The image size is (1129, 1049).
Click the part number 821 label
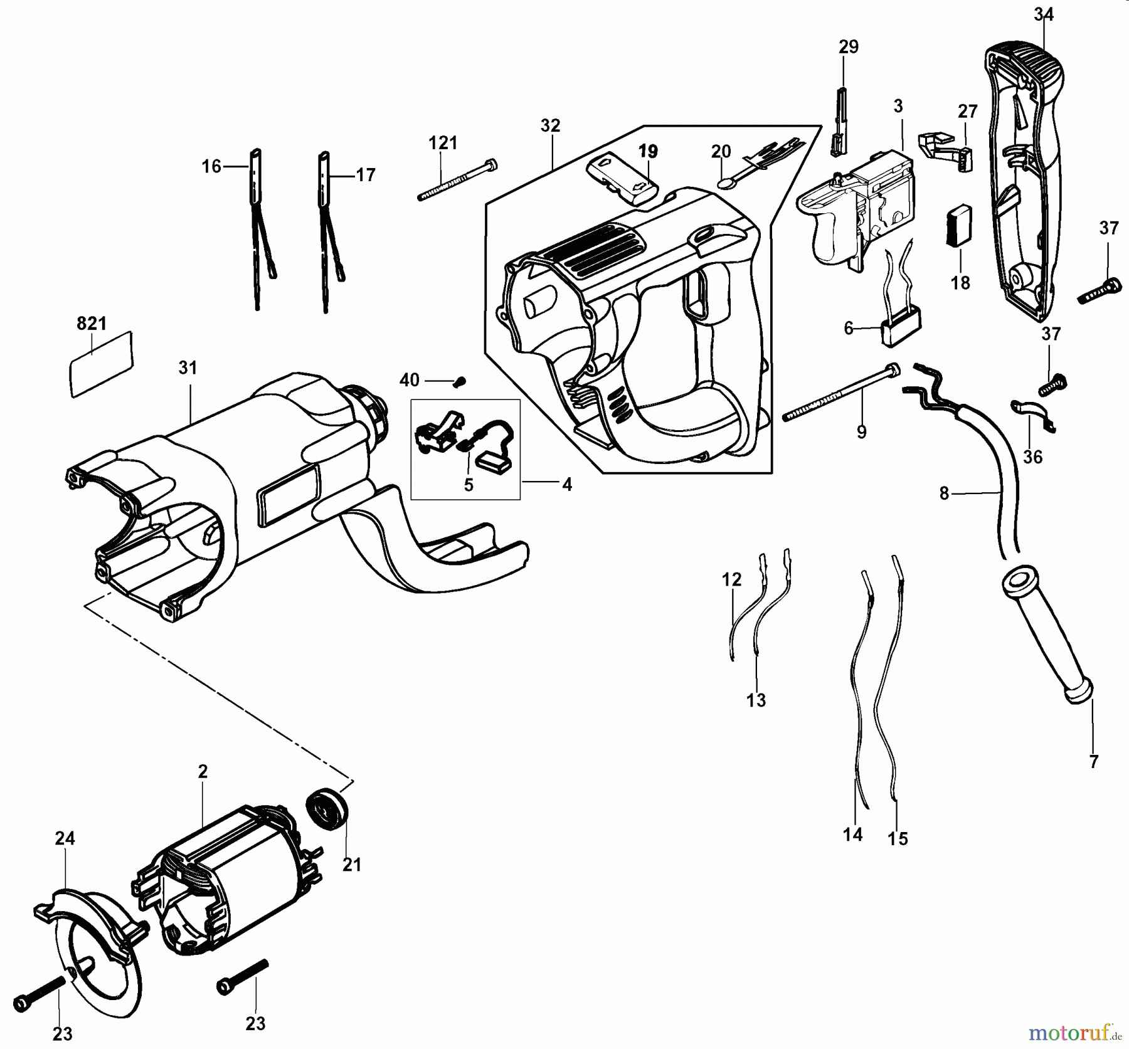[92, 324]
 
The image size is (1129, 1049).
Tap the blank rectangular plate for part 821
[102, 364]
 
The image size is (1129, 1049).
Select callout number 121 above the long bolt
[443, 143]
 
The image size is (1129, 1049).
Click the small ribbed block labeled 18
[959, 226]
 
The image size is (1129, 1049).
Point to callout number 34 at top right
[1044, 14]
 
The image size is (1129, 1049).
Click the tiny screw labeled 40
[461, 380]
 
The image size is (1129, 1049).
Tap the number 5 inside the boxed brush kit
[469, 485]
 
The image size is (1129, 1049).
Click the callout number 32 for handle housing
[550, 125]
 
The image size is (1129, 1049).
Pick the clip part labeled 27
[947, 150]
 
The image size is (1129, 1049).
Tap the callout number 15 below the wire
[898, 839]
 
